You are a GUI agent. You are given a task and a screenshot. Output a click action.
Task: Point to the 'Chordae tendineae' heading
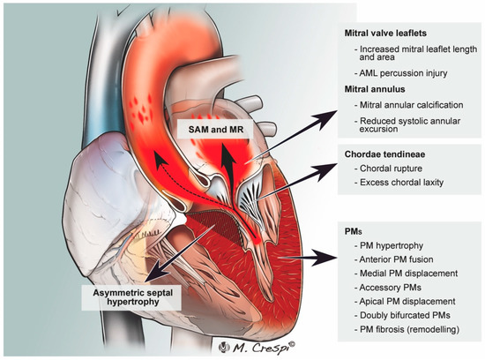coord(384,153)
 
